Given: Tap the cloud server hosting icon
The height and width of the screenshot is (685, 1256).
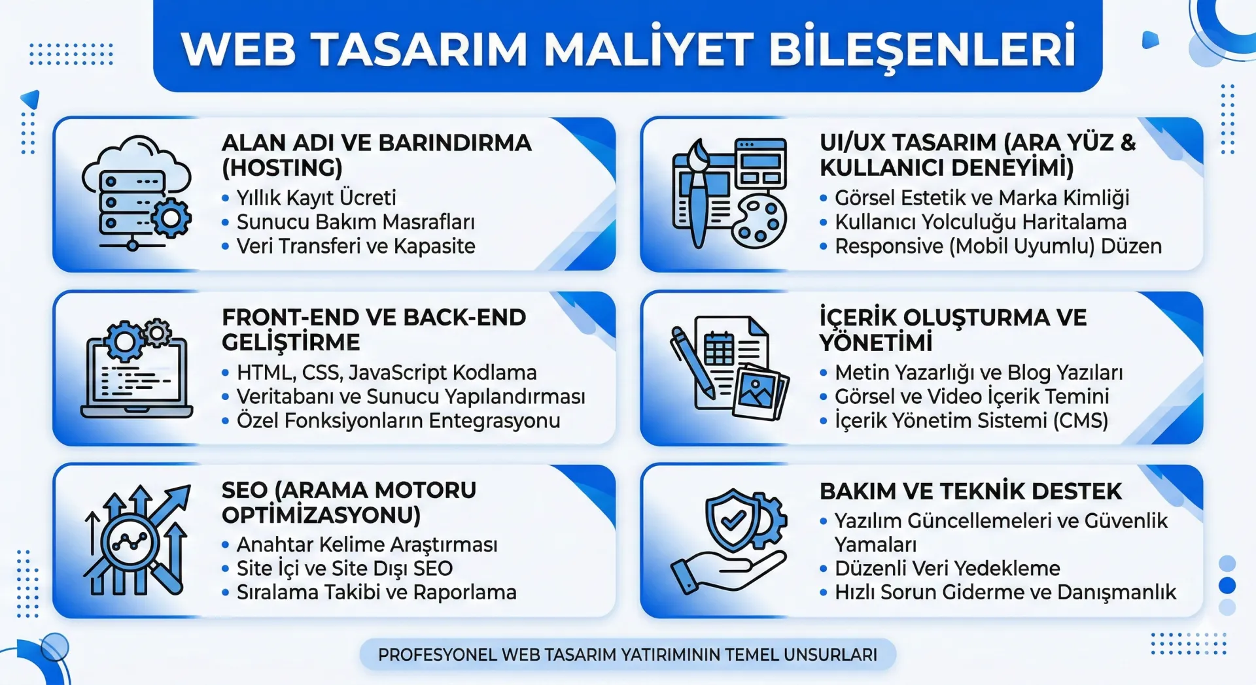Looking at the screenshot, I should pyautogui.click(x=136, y=193).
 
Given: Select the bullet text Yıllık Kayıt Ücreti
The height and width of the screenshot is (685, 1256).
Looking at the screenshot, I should pyautogui.click(x=316, y=197).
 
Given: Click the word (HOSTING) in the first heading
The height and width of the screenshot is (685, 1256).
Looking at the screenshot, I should pyautogui.click(x=282, y=168).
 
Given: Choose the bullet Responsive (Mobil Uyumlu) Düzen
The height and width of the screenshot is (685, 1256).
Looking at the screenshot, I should pyautogui.click(x=998, y=246).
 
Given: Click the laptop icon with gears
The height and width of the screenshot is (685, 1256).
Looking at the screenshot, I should pyautogui.click(x=136, y=369).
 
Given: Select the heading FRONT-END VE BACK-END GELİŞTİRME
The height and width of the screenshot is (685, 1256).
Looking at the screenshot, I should pyautogui.click(x=373, y=329).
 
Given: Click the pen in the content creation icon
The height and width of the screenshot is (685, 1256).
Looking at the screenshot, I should pyautogui.click(x=692, y=363).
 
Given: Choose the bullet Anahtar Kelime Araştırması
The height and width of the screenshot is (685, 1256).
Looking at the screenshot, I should pyautogui.click(x=366, y=544).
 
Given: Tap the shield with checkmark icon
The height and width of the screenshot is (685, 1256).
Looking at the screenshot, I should pyautogui.click(x=733, y=520).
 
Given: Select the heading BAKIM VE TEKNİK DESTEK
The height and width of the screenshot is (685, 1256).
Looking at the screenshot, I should pyautogui.click(x=970, y=492).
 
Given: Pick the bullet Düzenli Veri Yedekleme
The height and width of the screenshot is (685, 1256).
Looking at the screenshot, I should pyautogui.click(x=947, y=568).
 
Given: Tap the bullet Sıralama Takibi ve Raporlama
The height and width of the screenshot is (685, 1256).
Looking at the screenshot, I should pyautogui.click(x=376, y=592).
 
